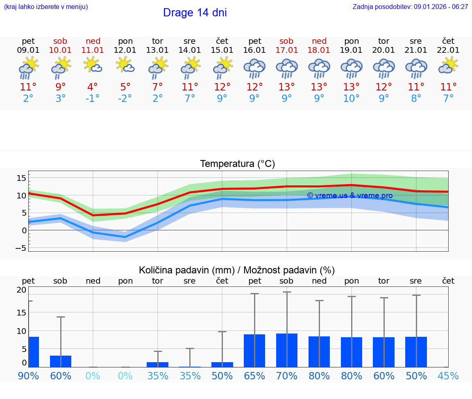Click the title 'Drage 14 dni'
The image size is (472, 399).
tap(195, 13)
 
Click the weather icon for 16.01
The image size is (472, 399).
tap(254, 68)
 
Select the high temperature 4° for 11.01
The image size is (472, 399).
tap(93, 87)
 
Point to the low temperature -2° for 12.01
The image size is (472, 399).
tap(125, 99)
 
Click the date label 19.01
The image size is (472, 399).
tap(352, 50)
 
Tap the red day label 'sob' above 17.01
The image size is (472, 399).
tap(286, 41)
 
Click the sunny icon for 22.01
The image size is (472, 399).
tap(448, 65)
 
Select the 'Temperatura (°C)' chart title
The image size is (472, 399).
tap(237, 164)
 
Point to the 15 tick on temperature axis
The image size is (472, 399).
tap(21, 178)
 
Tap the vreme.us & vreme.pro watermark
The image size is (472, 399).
tap(349, 196)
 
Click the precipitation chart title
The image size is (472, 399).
tap(237, 270)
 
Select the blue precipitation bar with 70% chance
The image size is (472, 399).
tap(287, 350)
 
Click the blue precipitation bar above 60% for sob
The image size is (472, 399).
tap(61, 361)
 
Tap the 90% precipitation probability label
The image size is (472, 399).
tap(28, 376)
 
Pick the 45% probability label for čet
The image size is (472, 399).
tap(448, 376)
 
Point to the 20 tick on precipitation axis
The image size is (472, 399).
tap(21, 290)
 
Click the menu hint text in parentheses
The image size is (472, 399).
tap(46, 7)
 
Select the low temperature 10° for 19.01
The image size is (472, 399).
tap(351, 99)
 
